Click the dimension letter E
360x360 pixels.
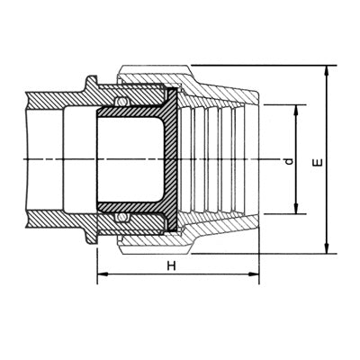[318, 162]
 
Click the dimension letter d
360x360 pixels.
[289, 162]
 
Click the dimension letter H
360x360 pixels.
[171, 265]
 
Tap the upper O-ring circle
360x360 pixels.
[121, 102]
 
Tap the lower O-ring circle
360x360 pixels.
[121, 217]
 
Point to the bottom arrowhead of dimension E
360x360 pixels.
[327, 248]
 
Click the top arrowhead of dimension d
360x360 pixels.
[296, 111]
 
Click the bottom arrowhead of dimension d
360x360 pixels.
[296, 209]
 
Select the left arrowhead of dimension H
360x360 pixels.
[103, 274]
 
